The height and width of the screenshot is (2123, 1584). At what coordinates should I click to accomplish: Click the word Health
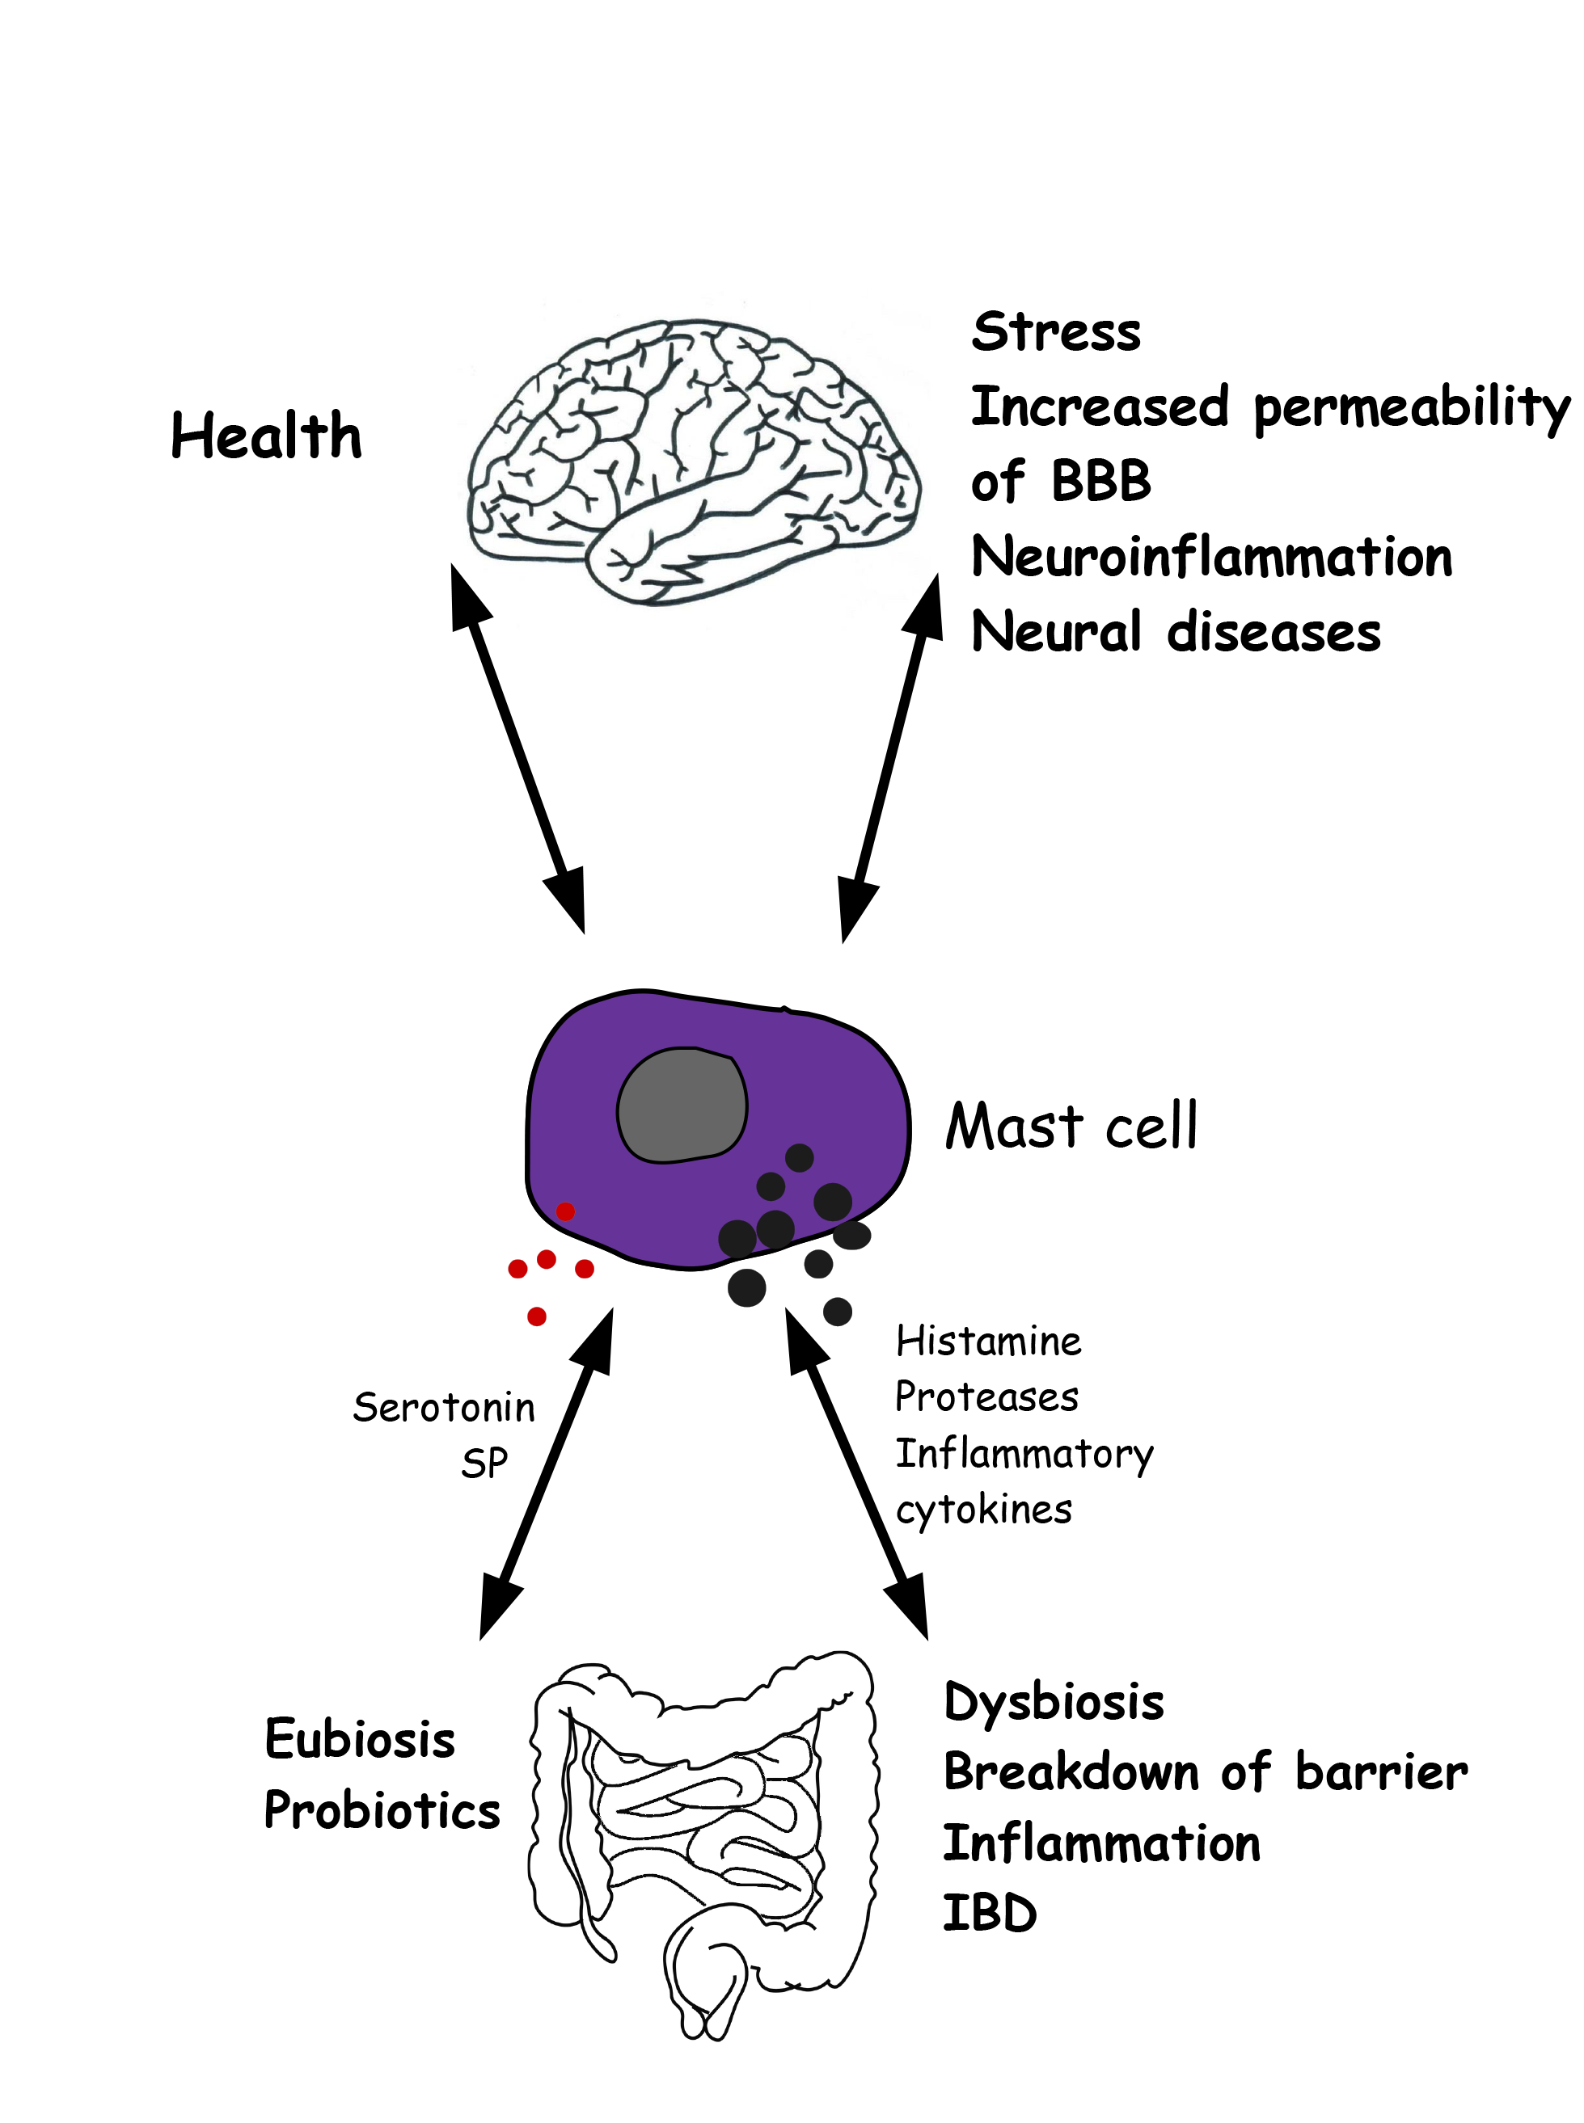(265, 436)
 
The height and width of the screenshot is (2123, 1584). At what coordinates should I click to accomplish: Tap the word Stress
(1056, 333)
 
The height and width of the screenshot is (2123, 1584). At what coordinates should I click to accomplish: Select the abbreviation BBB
(1100, 481)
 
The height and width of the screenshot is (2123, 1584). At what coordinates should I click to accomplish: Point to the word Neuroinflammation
(1211, 557)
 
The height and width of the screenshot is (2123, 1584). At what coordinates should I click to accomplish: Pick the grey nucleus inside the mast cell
(682, 1105)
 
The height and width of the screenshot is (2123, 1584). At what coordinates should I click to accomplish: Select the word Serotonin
(443, 1408)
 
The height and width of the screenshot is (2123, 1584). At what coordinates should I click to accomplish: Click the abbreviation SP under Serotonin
(484, 1464)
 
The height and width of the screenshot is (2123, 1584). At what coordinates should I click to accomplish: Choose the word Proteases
(986, 1397)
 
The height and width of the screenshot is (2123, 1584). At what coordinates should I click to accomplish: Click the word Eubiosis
(360, 1740)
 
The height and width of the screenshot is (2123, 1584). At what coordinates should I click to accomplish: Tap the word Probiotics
(382, 1810)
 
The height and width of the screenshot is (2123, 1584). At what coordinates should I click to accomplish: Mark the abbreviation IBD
(990, 1914)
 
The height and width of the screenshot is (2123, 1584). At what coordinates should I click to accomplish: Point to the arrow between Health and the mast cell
(517, 748)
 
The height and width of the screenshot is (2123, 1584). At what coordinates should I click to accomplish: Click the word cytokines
(982, 1510)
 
